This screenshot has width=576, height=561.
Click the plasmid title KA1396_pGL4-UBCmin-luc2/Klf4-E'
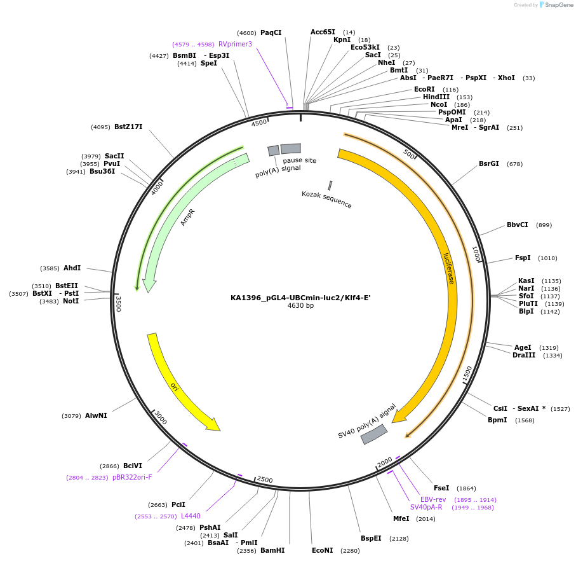[300, 297]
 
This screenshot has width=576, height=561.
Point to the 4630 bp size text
[300, 306]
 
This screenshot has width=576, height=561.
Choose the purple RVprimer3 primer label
[235, 45]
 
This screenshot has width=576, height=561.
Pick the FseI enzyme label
[441, 488]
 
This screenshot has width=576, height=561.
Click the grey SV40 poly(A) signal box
[374, 434]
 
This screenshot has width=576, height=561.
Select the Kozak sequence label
[326, 199]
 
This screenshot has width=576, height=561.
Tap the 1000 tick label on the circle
[476, 254]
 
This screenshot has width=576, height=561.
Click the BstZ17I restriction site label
[128, 127]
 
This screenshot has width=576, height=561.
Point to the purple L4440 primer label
[191, 516]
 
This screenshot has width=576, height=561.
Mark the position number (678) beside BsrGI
[514, 164]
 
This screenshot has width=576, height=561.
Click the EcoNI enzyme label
[322, 550]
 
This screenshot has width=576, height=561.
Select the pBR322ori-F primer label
[132, 477]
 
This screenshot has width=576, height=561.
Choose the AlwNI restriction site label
[96, 415]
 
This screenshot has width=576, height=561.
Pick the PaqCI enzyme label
[271, 32]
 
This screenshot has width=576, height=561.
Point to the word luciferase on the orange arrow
[449, 268]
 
